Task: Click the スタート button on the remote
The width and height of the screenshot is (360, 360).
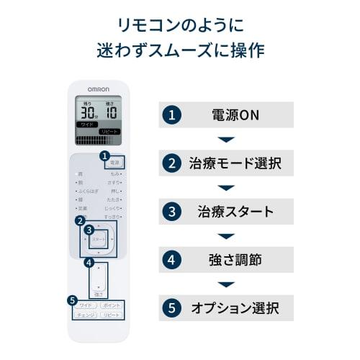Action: coord(99,238)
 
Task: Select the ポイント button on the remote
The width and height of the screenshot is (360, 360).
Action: coord(111,306)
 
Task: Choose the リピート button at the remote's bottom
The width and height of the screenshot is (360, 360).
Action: coord(111,315)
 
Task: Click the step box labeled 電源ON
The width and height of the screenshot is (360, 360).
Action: coord(226,114)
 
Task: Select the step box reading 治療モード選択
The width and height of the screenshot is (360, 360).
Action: coord(226,163)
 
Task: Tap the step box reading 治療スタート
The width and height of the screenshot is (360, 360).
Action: coord(226,212)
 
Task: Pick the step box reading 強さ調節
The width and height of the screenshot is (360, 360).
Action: coord(226,260)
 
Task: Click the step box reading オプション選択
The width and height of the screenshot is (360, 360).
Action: coord(226,308)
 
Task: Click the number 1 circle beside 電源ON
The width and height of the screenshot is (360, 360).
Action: coord(171,114)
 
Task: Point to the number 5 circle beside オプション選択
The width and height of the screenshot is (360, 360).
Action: coord(171,308)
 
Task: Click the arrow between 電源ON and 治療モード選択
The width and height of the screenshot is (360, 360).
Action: coord(226,139)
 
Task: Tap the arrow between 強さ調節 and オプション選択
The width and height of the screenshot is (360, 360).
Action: coord(226,284)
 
